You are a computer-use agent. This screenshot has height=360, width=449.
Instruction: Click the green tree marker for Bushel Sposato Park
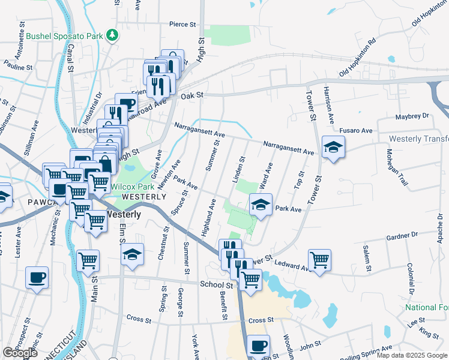click(x=112, y=36)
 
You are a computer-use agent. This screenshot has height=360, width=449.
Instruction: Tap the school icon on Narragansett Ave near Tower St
click(x=333, y=146)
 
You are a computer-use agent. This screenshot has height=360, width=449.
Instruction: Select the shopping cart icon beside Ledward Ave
click(x=319, y=260)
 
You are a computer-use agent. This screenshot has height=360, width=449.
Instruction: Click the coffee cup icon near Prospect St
click(x=37, y=277)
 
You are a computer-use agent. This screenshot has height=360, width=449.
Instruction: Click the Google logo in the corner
click(x=20, y=353)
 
